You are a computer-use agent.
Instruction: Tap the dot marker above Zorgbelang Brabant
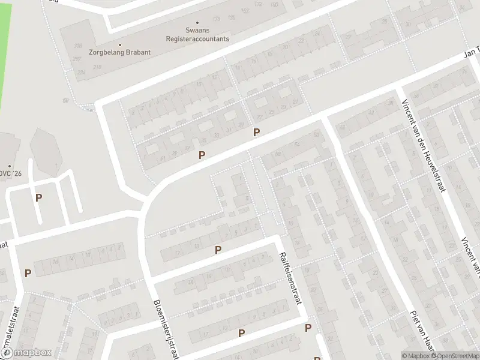[x=119, y=44]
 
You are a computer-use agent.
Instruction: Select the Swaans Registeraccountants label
[x=197, y=34]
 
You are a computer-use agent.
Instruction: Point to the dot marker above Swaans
[x=197, y=23]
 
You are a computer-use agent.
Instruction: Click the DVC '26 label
[x=11, y=174]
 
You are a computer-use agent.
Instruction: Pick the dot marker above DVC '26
[x=10, y=166]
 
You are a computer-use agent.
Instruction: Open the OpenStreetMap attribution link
[x=458, y=356]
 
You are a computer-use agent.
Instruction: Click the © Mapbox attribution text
[x=416, y=356]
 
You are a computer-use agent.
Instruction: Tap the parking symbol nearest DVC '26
[x=39, y=197]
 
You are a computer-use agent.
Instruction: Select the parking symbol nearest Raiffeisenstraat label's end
[x=308, y=328]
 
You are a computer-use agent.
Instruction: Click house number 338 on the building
[x=77, y=46]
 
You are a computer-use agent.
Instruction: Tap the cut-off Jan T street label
[x=472, y=54]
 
